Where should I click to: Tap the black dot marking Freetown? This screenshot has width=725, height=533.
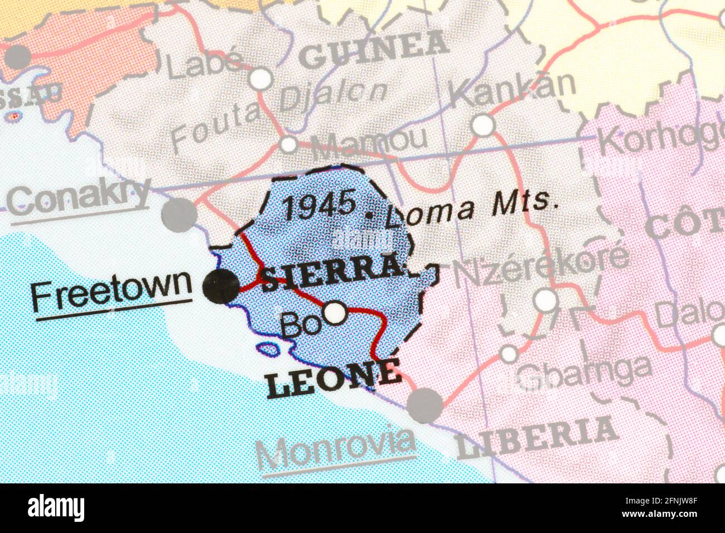220,287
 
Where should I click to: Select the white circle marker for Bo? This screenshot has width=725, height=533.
335,312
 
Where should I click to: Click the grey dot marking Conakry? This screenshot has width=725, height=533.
179,213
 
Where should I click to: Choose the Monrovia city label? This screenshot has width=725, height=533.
336,448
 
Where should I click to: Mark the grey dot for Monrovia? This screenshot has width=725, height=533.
425,405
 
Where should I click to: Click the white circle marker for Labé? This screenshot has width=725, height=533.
260,79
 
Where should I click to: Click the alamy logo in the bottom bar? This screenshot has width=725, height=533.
56,508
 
